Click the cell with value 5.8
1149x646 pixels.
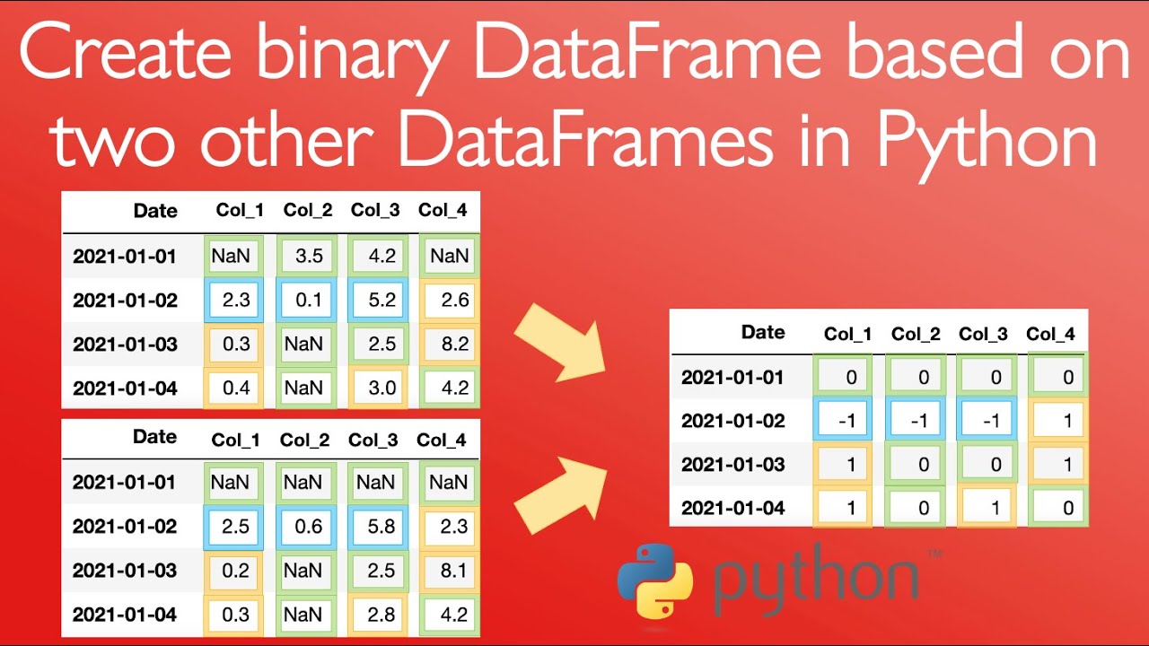tap(375, 526)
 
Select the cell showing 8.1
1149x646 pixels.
tap(448, 570)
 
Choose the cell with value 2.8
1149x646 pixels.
tap(375, 615)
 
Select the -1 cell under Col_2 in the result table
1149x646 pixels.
tap(916, 421)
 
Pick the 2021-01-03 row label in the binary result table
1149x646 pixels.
tap(732, 464)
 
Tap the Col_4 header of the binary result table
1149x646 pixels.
tap(1050, 334)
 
